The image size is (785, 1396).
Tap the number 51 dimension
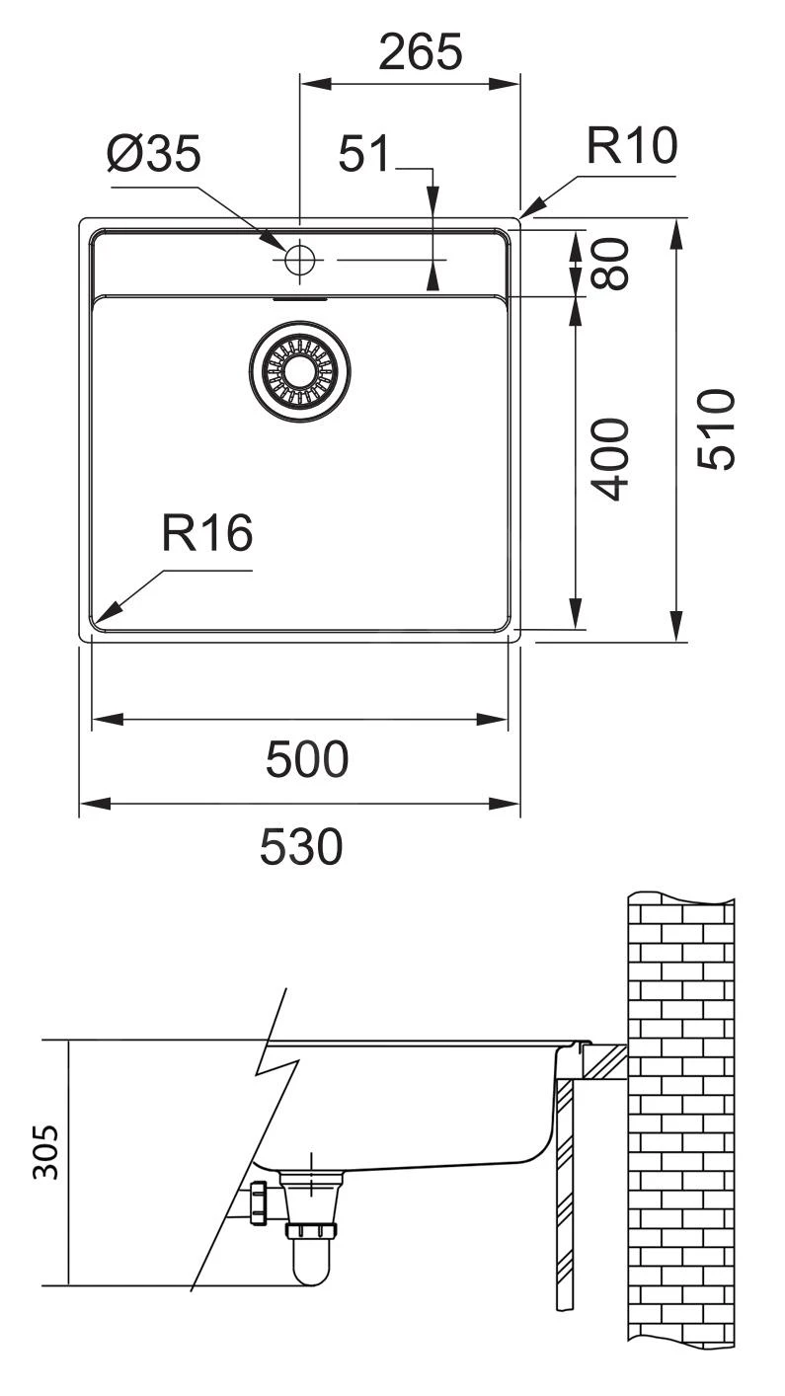[365, 155]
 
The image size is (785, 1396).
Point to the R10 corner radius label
[631, 147]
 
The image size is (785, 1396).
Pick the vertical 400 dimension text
[613, 458]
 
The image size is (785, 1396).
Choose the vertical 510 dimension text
[716, 429]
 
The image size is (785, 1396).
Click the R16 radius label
[207, 534]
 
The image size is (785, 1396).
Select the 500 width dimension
[306, 759]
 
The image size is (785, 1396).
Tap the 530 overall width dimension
[301, 846]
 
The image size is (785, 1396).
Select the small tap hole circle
[299, 261]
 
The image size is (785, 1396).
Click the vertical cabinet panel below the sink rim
[564, 1195]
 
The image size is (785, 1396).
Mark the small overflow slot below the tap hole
[299, 295]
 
